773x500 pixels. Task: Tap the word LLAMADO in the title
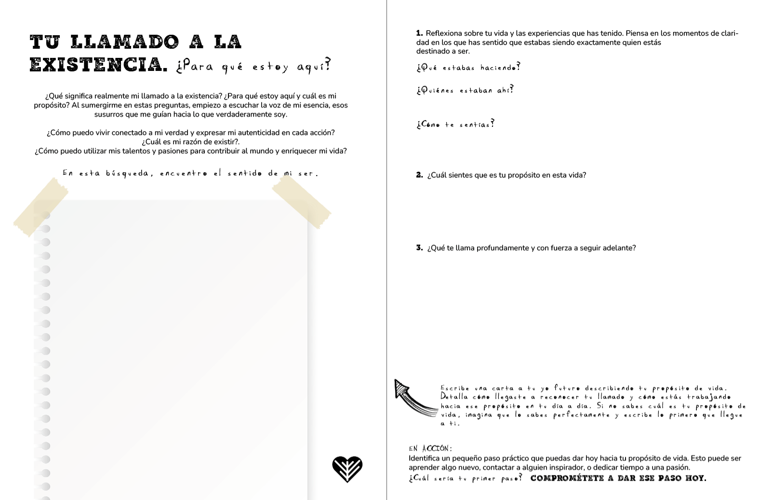point(125,42)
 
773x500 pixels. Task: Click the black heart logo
point(347,469)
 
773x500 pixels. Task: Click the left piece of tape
point(41,207)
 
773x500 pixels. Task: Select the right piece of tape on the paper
point(302,202)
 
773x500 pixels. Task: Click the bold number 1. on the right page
point(419,33)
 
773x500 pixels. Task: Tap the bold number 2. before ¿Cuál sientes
point(419,175)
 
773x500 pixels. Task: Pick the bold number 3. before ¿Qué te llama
point(419,248)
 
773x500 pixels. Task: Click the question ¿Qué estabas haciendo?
point(468,68)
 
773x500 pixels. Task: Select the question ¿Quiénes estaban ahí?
point(465,90)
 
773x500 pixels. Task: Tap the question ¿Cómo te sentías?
point(455,124)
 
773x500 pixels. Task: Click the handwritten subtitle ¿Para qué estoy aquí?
point(253,66)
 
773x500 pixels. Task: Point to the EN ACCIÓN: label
point(430,448)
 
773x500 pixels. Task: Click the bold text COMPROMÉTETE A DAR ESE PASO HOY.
point(618,478)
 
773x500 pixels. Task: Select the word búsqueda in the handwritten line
point(127,173)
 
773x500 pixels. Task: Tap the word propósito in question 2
point(514,175)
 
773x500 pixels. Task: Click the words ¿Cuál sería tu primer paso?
point(465,478)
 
